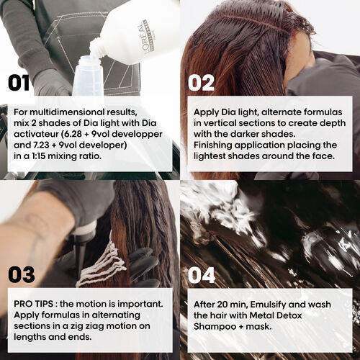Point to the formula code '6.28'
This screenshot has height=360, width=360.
click(73, 133)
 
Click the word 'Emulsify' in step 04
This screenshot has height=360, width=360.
click(272, 303)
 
